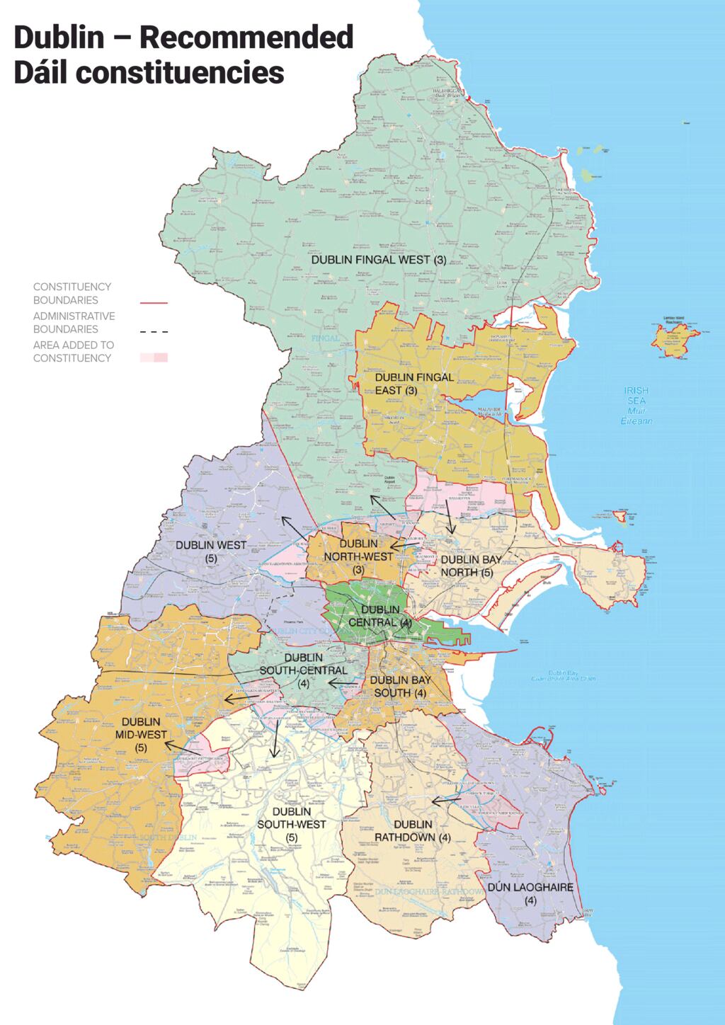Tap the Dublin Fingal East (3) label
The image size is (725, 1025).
coord(414,384)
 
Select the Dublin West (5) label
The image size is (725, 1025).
coord(211,551)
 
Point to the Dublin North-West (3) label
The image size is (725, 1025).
coord(358,556)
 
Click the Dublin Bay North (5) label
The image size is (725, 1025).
coord(471,566)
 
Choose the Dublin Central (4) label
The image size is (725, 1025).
coord(379,616)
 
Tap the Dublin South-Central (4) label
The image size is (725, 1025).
coord(303,670)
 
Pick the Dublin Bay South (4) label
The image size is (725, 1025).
coord(400,686)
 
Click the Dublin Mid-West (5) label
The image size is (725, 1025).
coord(141,734)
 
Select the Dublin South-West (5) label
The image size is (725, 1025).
coord(292,824)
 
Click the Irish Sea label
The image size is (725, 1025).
coord(636,405)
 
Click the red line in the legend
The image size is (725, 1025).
coord(154,302)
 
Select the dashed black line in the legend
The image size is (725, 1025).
coord(154,331)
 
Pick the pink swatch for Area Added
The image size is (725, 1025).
coord(154,357)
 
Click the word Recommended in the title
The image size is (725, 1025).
coord(246,37)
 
